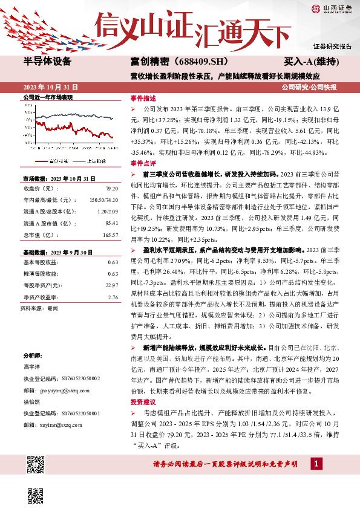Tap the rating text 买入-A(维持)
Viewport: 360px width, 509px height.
point(312,62)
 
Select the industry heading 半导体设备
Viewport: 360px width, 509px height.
point(47,62)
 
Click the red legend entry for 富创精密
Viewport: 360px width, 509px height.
point(52,161)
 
